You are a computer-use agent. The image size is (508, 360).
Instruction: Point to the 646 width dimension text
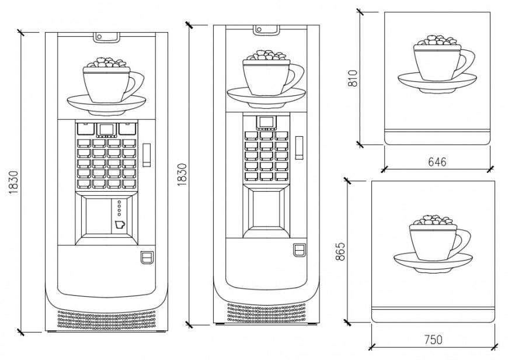[x=436, y=162]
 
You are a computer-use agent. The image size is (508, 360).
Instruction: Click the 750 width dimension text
[x=433, y=339]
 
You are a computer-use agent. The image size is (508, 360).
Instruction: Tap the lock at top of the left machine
[x=106, y=37]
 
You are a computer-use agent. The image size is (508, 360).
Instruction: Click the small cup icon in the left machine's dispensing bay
[x=120, y=224]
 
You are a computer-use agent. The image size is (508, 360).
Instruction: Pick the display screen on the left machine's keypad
[x=106, y=129]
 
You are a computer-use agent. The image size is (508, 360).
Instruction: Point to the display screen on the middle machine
[x=266, y=122]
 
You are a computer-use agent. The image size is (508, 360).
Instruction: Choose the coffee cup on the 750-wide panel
[x=432, y=243]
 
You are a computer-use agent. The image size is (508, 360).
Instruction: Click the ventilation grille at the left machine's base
[x=106, y=319]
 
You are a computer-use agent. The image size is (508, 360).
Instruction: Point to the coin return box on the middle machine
[x=299, y=250]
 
